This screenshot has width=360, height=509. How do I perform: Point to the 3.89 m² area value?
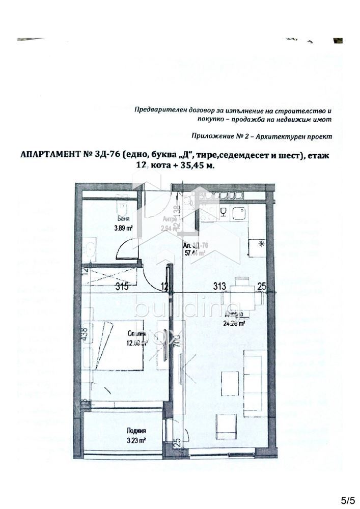[123, 229]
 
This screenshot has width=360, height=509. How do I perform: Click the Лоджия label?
[136, 431]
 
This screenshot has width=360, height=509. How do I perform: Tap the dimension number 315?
[122, 287]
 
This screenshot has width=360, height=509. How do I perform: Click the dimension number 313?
[219, 287]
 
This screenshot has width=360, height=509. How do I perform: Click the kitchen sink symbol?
[238, 214]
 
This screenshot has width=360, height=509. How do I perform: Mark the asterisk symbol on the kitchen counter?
[262, 243]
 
